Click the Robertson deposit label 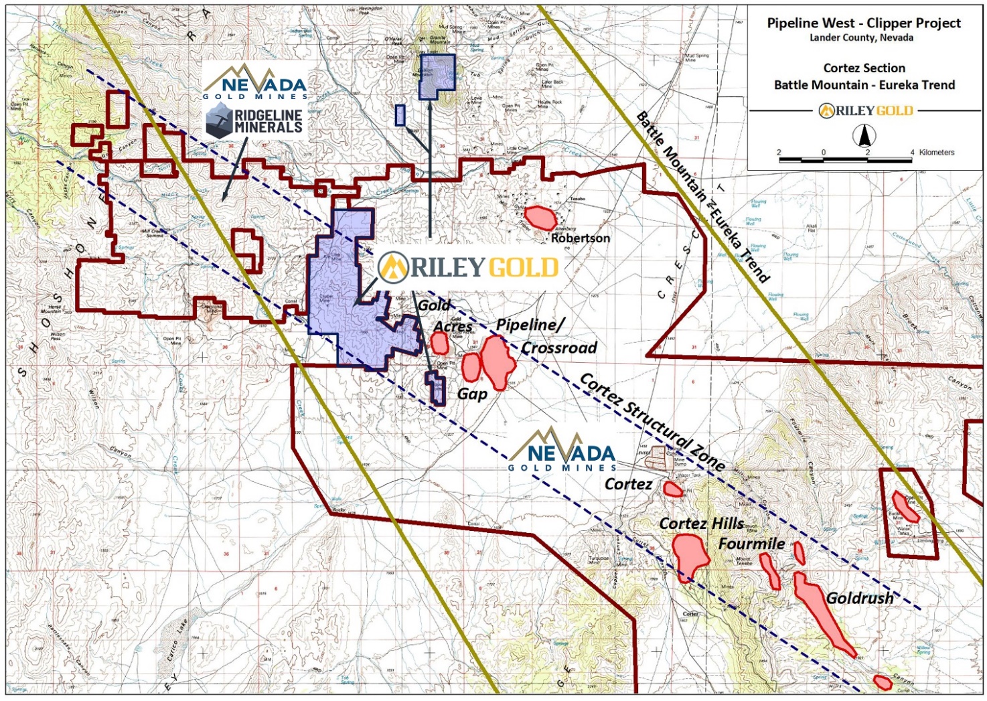pos(580,238)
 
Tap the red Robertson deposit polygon pos(540,218)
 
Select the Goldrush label pos(859,598)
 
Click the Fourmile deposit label pos(751,544)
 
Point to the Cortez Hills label pos(701,524)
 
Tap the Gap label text pos(472,394)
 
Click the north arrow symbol pos(864,136)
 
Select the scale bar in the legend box pos(845,159)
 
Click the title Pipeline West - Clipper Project pos(864,23)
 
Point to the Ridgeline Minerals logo pos(254,122)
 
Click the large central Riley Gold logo pos(469,267)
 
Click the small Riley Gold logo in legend pos(865,110)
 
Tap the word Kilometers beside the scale pos(936,153)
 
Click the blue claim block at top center pos(437,76)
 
